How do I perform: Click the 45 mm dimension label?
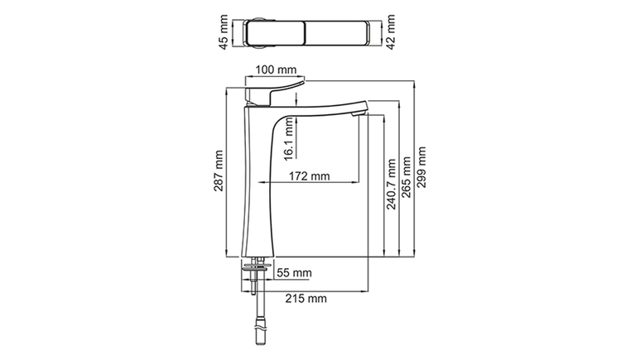coord(224,32)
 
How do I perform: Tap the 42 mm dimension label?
coord(390,32)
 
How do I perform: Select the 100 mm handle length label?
coord(276,70)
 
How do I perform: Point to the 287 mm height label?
coord(219,170)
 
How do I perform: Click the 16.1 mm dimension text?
coord(289,138)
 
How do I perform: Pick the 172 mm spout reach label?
coord(310,176)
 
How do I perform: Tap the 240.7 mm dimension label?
coord(391,184)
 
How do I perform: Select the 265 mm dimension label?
coord(407,177)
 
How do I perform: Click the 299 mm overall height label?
coord(421,167)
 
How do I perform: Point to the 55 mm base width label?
coord(294,272)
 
